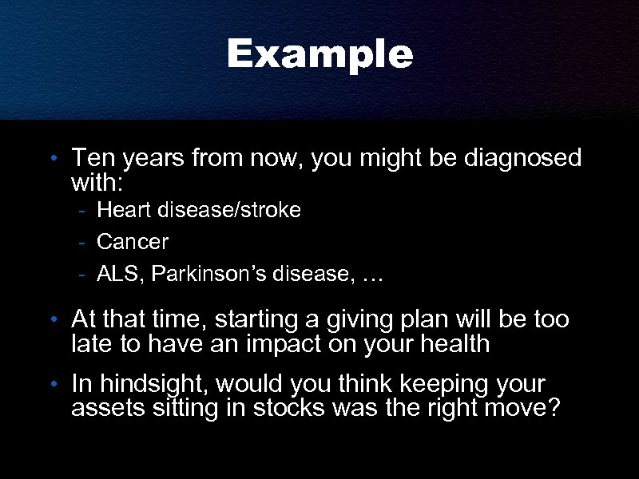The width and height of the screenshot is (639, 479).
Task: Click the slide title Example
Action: pyautogui.click(x=319, y=55)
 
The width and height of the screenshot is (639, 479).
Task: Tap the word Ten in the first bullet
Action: pyautogui.click(x=90, y=158)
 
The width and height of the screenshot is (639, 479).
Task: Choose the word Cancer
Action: pyautogui.click(x=133, y=241)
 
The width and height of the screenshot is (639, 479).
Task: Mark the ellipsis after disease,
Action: pyautogui.click(x=372, y=277)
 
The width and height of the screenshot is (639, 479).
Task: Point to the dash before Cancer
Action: pyautogui.click(x=82, y=242)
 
